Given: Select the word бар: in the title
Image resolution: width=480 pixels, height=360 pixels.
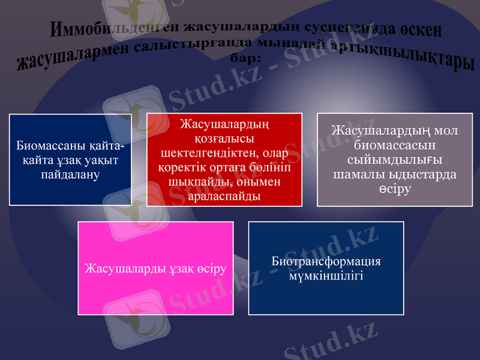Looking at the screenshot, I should click(x=245, y=60).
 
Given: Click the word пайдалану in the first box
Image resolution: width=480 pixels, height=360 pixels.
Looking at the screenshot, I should click(x=70, y=174).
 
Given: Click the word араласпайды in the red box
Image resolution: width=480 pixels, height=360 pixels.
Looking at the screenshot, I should click(x=224, y=196).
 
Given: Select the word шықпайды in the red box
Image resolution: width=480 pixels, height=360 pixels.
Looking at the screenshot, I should click(x=199, y=182).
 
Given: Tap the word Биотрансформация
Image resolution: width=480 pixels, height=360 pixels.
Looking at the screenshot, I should click(x=326, y=261).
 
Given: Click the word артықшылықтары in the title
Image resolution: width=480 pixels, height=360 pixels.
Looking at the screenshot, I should click(x=415, y=56).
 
